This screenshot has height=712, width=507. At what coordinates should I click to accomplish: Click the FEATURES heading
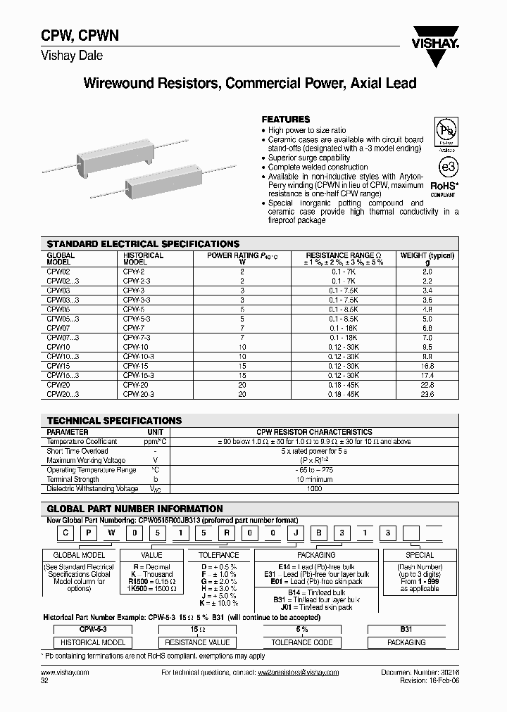285,120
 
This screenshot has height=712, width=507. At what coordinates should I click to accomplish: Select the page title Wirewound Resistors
250,84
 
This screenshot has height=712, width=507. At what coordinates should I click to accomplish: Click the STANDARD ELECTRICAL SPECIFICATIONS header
143,244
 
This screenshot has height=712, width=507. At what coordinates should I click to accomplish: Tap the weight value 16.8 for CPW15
427,366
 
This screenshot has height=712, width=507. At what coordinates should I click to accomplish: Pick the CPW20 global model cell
58,385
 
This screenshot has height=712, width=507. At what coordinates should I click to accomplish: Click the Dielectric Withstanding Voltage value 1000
314,488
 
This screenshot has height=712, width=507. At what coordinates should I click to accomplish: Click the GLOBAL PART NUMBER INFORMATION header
134,509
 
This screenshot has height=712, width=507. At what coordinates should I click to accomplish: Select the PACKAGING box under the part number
308,555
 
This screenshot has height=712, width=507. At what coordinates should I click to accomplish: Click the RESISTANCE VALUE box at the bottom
197,642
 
